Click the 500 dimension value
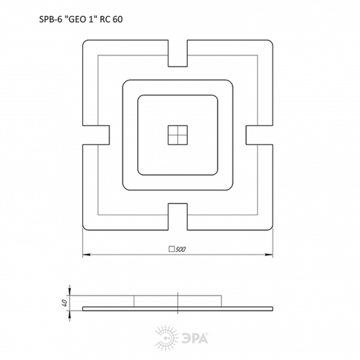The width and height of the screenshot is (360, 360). coord(181,249)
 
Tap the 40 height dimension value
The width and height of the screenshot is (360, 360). coord(65,303)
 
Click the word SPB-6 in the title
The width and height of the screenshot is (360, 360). coord(50,19)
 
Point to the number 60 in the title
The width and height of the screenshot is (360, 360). coord(118,19)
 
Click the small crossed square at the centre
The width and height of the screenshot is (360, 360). coord(178,135)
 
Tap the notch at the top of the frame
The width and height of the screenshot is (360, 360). coord(178,53)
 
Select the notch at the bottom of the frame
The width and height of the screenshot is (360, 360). coord(178,217)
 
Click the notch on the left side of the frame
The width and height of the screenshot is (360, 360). coord(96,135)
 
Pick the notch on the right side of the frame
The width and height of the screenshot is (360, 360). coord(259,135)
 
